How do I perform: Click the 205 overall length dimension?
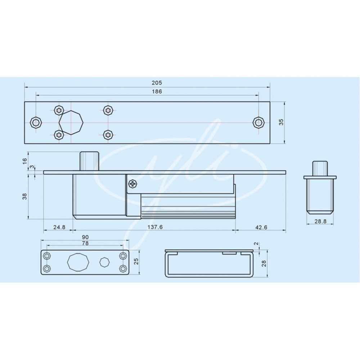[x=157, y=82]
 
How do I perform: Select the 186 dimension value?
[x=157, y=91]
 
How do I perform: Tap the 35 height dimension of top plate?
[x=281, y=122]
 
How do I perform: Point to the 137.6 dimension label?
[x=155, y=227]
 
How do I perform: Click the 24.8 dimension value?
[x=59, y=227]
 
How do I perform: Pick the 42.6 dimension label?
[x=261, y=227]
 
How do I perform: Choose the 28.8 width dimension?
[x=320, y=221]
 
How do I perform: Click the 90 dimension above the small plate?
[x=85, y=237]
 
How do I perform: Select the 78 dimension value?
[x=85, y=243]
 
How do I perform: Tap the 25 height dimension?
[x=136, y=261]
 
